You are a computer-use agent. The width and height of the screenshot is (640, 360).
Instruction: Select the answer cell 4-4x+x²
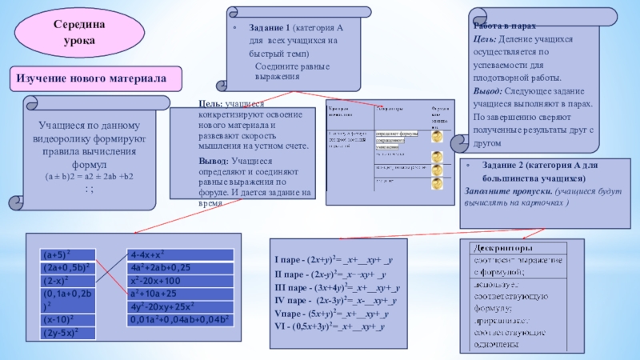[x=179, y=254]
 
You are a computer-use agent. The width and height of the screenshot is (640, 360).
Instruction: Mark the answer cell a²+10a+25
[x=179, y=294]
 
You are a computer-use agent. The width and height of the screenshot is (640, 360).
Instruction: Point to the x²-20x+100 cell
[x=179, y=281]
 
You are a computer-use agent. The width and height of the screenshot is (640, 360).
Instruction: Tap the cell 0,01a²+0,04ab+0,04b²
[x=179, y=319]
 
